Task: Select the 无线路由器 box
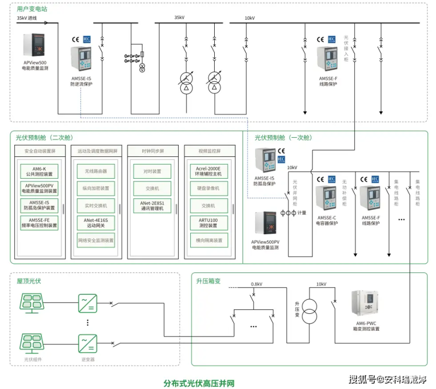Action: tap(96, 171)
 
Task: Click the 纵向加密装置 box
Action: tap(96, 189)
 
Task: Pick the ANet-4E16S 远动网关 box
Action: tap(96, 223)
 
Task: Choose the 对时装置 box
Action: tap(152, 171)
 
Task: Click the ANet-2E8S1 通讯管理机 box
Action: tap(152, 205)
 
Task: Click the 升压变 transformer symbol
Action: tap(310, 314)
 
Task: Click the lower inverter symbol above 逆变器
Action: tap(87, 343)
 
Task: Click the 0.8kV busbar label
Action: tap(256, 284)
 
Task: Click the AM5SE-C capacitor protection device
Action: tap(326, 200)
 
